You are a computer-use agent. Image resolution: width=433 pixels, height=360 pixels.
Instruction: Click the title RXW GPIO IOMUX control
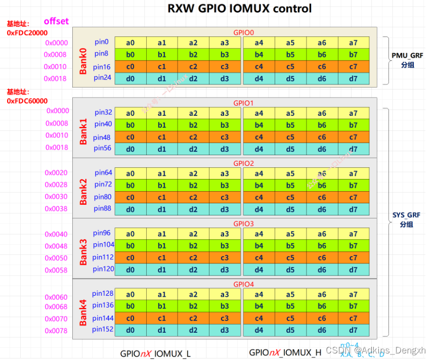tap(239, 9)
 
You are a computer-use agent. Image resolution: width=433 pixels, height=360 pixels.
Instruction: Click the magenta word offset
tap(56, 21)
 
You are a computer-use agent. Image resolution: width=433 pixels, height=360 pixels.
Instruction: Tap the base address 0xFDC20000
tap(27, 32)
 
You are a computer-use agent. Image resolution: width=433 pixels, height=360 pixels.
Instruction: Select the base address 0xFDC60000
tap(27, 101)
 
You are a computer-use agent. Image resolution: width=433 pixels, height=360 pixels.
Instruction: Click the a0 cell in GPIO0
tap(131, 42)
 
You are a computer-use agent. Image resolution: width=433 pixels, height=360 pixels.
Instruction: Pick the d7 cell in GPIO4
tap(353, 331)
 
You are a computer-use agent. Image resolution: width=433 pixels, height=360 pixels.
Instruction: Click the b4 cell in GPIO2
tap(259, 185)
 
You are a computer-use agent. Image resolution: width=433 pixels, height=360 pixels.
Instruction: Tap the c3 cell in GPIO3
tap(225, 258)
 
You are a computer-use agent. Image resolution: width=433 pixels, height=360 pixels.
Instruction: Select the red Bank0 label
tap(83, 61)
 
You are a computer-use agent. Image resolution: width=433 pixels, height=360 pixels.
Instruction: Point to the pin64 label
tap(103, 173)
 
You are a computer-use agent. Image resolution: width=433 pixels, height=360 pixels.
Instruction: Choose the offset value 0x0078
tap(56, 331)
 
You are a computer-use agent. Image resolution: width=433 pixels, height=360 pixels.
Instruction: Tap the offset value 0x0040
tap(56, 234)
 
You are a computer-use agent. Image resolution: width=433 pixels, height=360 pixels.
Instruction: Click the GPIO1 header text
tap(243, 103)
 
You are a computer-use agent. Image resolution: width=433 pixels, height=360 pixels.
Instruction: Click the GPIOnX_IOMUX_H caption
tap(285, 352)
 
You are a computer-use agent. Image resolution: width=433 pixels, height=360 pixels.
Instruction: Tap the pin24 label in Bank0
tap(103, 77)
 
